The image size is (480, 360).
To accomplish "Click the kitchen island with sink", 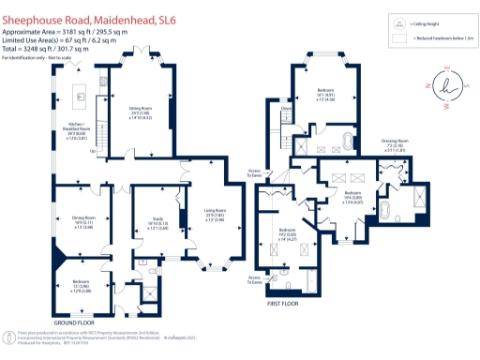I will [82, 94].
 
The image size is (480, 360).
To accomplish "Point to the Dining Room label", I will [83, 223].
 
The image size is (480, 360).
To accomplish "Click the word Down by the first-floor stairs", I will [287, 108].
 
